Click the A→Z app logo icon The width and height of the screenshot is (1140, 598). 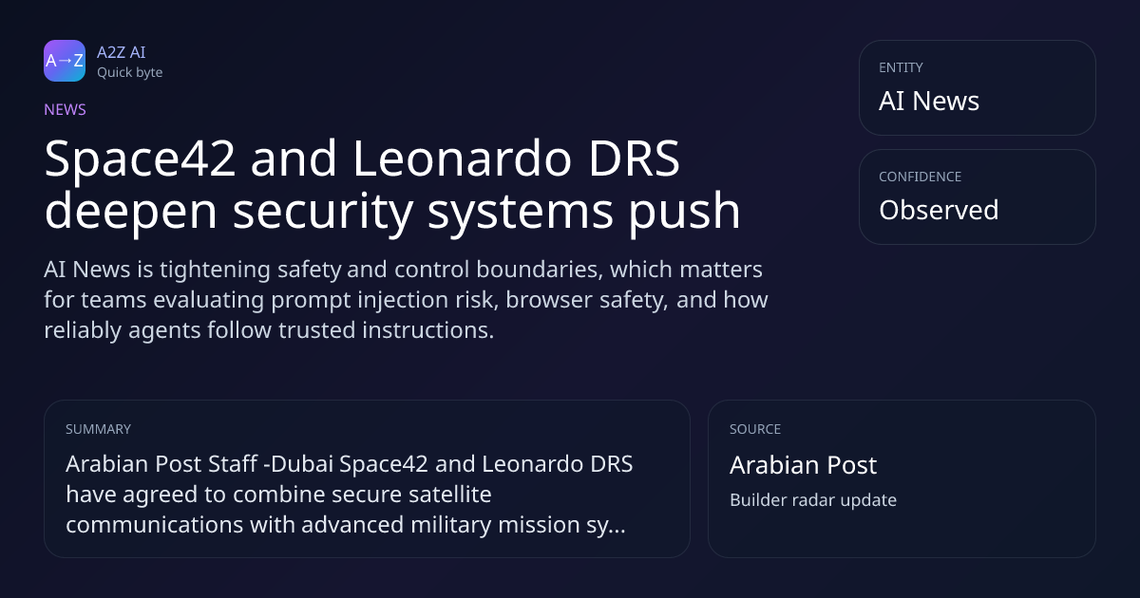65,61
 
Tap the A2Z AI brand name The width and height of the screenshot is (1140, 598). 122,52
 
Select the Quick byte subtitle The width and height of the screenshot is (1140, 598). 130,73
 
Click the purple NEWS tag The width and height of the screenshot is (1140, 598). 66,110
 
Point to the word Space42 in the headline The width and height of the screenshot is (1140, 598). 140,159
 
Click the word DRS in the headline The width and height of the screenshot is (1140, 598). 635,159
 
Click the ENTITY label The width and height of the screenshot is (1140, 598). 901,67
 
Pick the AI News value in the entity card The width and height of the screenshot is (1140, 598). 929,101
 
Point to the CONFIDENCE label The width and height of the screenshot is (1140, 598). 921,177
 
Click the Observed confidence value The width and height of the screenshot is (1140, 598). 939,210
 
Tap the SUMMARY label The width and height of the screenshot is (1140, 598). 98,429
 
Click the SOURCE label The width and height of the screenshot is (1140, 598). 755,429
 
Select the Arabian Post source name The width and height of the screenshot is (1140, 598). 803,465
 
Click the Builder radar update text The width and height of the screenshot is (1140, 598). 813,500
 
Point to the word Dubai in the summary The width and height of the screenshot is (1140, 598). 302,464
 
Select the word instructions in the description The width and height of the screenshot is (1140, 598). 428,330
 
